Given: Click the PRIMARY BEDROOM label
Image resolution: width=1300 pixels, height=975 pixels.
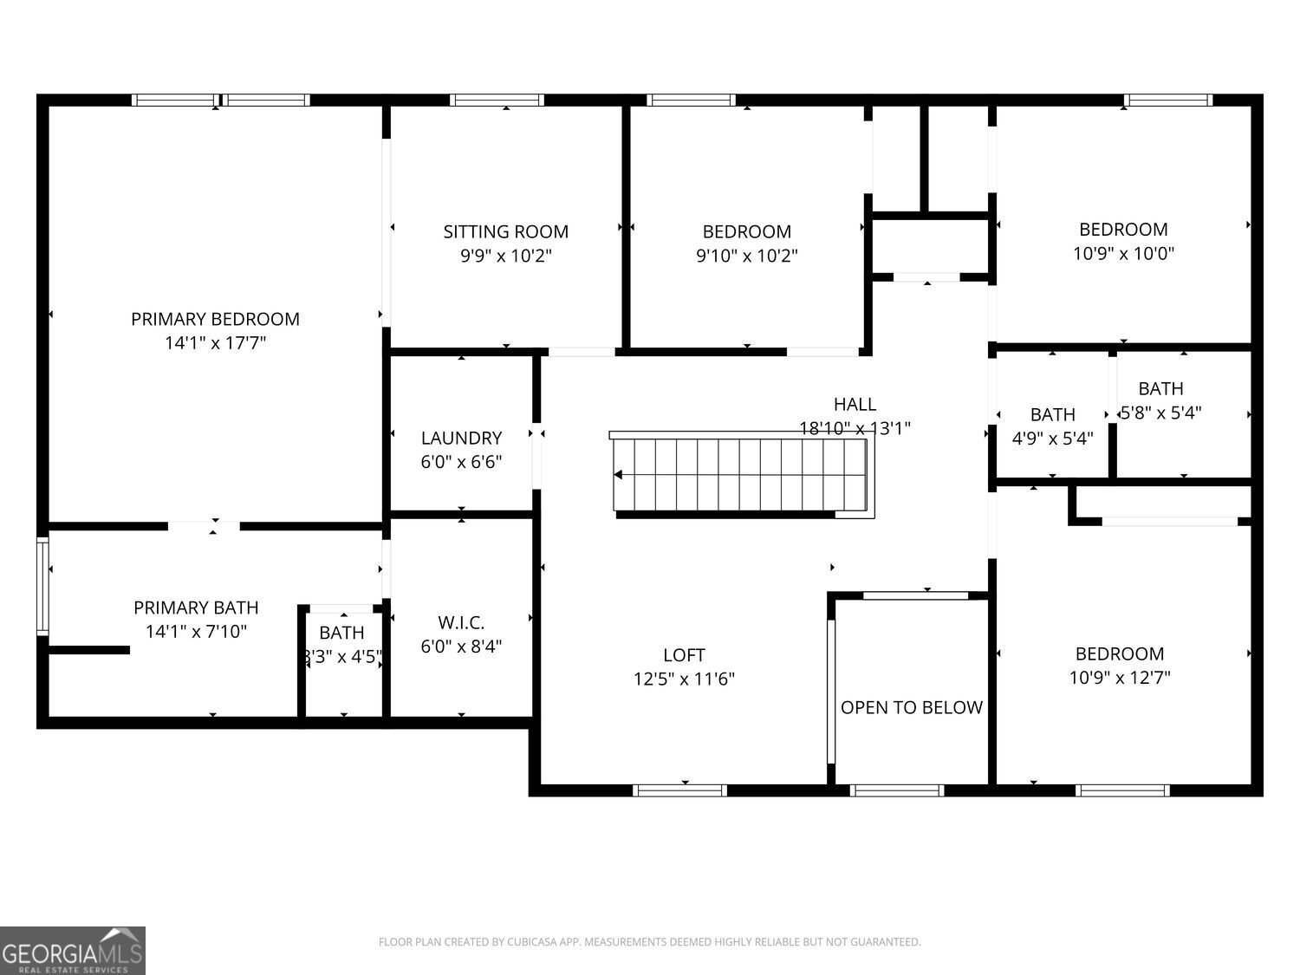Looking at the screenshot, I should point(215,319).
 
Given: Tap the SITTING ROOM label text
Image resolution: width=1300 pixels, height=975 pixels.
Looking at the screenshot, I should point(505,231).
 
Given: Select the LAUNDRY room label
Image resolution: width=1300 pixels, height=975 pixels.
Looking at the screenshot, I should point(461,438).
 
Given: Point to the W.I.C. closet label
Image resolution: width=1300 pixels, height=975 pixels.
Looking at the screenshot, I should point(461,622).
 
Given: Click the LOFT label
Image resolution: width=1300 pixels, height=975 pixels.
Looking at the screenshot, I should point(684,655).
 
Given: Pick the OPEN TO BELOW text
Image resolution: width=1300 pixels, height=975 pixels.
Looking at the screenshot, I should point(911,707).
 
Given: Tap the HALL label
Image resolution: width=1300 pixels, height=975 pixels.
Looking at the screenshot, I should point(855,404).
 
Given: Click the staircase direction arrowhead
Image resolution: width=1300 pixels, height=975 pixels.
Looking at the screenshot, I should point(619,474).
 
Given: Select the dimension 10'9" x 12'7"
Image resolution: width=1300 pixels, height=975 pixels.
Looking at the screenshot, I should point(1119,678).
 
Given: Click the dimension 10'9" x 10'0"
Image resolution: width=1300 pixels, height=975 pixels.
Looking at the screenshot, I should point(1123,253).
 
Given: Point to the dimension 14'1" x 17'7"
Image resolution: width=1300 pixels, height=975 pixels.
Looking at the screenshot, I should point(215,343).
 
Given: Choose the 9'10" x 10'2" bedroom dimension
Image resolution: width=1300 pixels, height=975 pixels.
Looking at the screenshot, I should point(746,256).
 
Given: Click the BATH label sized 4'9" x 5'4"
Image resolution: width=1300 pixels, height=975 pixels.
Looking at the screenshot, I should point(1052,414).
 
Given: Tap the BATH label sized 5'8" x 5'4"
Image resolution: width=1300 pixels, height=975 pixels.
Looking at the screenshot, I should point(1160,388).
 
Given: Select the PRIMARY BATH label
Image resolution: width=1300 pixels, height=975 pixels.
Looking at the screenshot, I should point(196,608).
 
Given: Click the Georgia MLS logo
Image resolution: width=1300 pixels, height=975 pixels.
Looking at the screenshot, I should point(73,951).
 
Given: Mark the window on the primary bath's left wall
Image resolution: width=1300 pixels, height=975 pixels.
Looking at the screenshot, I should point(42,586).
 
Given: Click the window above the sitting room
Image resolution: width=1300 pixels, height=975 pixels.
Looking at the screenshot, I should point(497,100).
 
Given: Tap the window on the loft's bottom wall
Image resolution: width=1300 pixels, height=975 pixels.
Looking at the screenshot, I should point(679,790).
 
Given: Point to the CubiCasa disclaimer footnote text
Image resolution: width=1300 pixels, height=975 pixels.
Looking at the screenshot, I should point(649,942).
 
